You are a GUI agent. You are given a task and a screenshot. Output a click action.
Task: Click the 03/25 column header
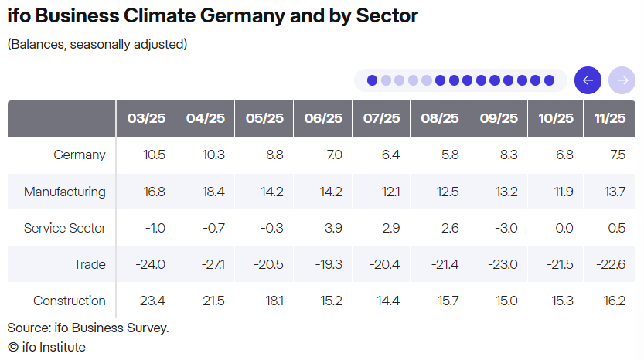[146, 118]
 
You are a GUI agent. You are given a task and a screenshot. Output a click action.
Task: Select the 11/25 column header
[609, 118]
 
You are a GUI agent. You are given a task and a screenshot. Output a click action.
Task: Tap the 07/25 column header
[381, 118]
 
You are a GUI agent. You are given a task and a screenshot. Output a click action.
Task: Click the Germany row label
[80, 155]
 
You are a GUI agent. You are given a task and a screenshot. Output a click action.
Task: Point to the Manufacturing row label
[64, 192]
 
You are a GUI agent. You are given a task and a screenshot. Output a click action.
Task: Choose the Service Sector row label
[64, 228]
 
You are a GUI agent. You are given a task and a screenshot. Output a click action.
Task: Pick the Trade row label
[90, 264]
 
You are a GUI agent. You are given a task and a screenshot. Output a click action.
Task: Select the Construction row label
[70, 301]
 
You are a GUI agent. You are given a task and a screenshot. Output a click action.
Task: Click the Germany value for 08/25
[448, 155]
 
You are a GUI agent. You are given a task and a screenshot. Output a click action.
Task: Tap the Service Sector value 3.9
[333, 228]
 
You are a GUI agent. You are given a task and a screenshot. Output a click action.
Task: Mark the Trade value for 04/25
[213, 264]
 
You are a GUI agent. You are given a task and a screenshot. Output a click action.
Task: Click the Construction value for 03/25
[150, 301]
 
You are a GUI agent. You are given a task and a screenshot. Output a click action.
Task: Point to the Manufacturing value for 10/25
[561, 192]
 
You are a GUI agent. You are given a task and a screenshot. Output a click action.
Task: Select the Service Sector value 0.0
[564, 228]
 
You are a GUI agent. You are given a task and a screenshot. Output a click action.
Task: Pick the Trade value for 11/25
[611, 264]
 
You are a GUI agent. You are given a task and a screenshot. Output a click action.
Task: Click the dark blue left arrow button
[588, 80]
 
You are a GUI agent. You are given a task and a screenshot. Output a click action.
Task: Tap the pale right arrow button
[622, 80]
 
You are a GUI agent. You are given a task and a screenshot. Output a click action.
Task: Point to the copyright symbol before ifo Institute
[13, 348]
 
